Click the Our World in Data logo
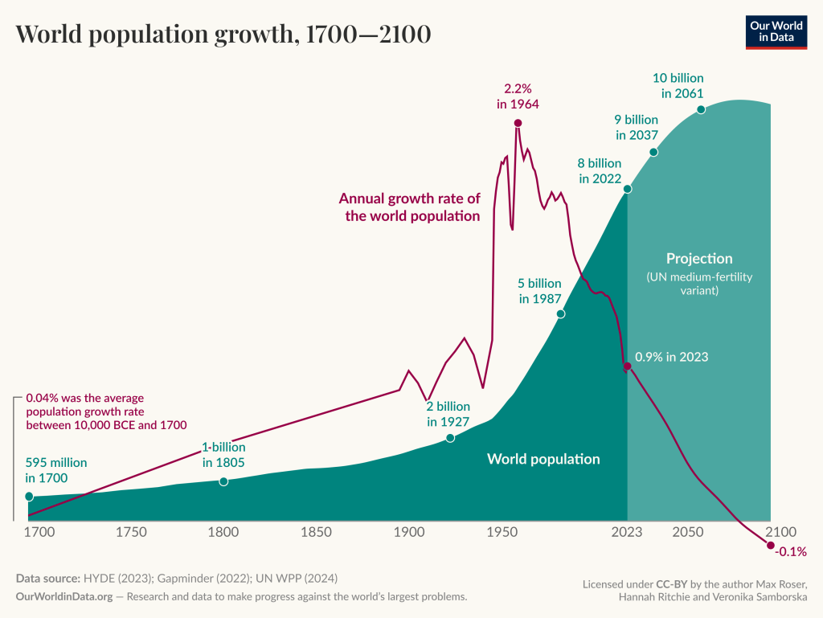tap(776, 32)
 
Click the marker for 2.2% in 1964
tap(518, 123)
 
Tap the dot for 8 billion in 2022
tap(628, 189)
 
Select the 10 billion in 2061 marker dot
tap(701, 109)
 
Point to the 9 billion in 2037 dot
tap(653, 152)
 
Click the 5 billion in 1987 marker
tap(561, 313)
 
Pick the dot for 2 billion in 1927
tap(450, 438)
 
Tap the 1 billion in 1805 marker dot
tap(223, 481)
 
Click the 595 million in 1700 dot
tap(29, 497)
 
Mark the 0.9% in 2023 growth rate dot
tap(628, 366)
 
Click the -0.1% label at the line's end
tap(790, 552)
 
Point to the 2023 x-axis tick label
tap(627, 532)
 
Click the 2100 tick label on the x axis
tap(780, 532)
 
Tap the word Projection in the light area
tap(699, 259)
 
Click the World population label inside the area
tap(543, 459)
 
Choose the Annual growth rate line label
tap(409, 207)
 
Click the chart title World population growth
tap(223, 34)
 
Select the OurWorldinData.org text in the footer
tap(61, 596)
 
